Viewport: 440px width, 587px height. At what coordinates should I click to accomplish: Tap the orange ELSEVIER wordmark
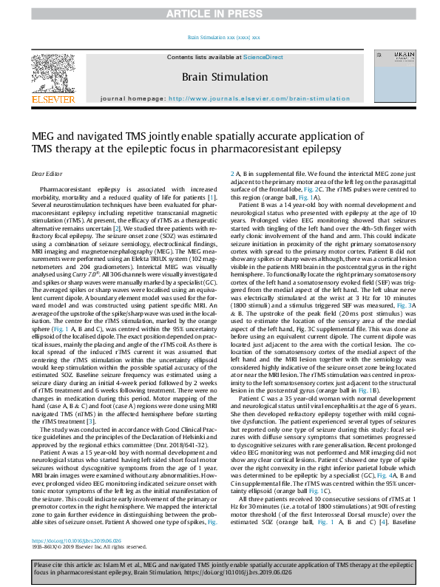point(52,99)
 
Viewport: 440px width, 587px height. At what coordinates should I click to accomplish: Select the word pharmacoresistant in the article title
point(276,149)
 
